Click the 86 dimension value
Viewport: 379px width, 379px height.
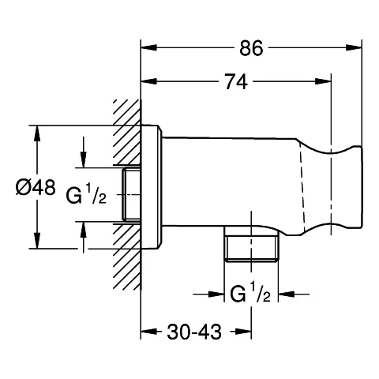coord(251,48)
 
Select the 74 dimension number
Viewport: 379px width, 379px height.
coord(236,81)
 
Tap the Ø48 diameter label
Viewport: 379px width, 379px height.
coord(36,187)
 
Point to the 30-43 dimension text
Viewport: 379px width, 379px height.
coord(194,332)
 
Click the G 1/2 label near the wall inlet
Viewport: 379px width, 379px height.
coord(86,194)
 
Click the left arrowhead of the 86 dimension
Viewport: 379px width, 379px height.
coord(149,47)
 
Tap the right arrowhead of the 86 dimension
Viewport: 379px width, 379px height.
coord(354,47)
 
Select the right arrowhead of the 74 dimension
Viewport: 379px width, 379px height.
coord(322,81)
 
